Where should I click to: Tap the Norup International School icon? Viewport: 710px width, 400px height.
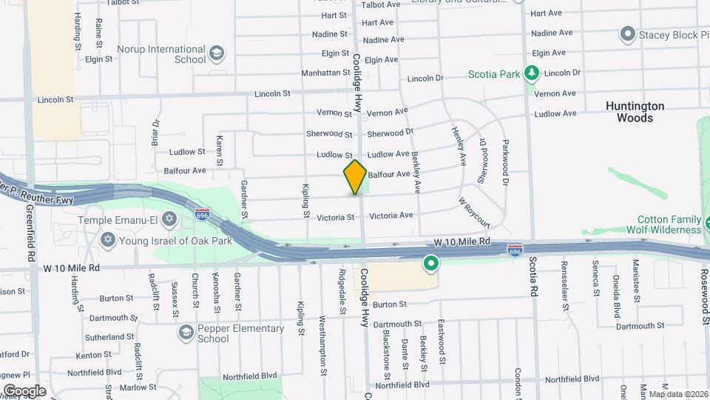pyautogui.click(x=216, y=53)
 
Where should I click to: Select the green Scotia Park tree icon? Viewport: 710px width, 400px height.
pyautogui.click(x=531, y=73)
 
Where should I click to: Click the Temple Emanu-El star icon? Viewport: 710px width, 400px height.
pyautogui.click(x=169, y=219)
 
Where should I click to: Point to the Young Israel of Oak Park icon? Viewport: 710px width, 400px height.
pyautogui.click(x=108, y=240)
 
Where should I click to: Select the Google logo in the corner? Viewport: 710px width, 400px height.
pyautogui.click(x=24, y=390)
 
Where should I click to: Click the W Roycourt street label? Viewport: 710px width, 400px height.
pyautogui.click(x=473, y=212)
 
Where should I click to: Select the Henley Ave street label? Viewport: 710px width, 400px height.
pyautogui.click(x=459, y=144)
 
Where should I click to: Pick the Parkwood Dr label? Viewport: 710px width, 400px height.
pyautogui.click(x=506, y=163)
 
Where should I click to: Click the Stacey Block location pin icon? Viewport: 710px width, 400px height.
pyautogui.click(x=628, y=34)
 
